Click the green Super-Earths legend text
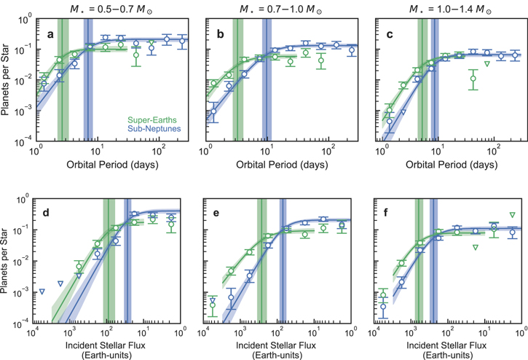152,120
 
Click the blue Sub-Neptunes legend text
154,129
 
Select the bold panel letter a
50,34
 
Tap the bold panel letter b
220,34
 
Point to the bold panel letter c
390,34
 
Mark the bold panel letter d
46,213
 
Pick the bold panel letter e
216,214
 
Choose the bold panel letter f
385,213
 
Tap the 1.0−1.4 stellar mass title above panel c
450,9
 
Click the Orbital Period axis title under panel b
282,165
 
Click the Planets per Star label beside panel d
4,260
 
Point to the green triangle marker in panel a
152,43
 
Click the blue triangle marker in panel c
403,112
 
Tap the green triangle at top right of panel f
512,215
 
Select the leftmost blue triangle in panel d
42,291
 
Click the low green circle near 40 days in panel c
473,79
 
